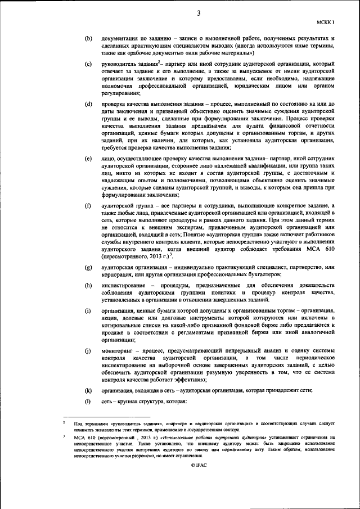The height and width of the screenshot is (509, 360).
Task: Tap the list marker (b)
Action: click(88, 38)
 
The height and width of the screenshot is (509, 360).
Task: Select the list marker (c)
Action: click(88, 65)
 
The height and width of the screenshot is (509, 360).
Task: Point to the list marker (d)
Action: click(88, 105)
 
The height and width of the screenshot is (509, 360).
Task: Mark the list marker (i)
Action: click(88, 311)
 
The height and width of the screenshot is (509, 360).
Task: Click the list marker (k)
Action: click(88, 390)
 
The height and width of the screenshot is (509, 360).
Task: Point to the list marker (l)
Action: click(88, 402)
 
